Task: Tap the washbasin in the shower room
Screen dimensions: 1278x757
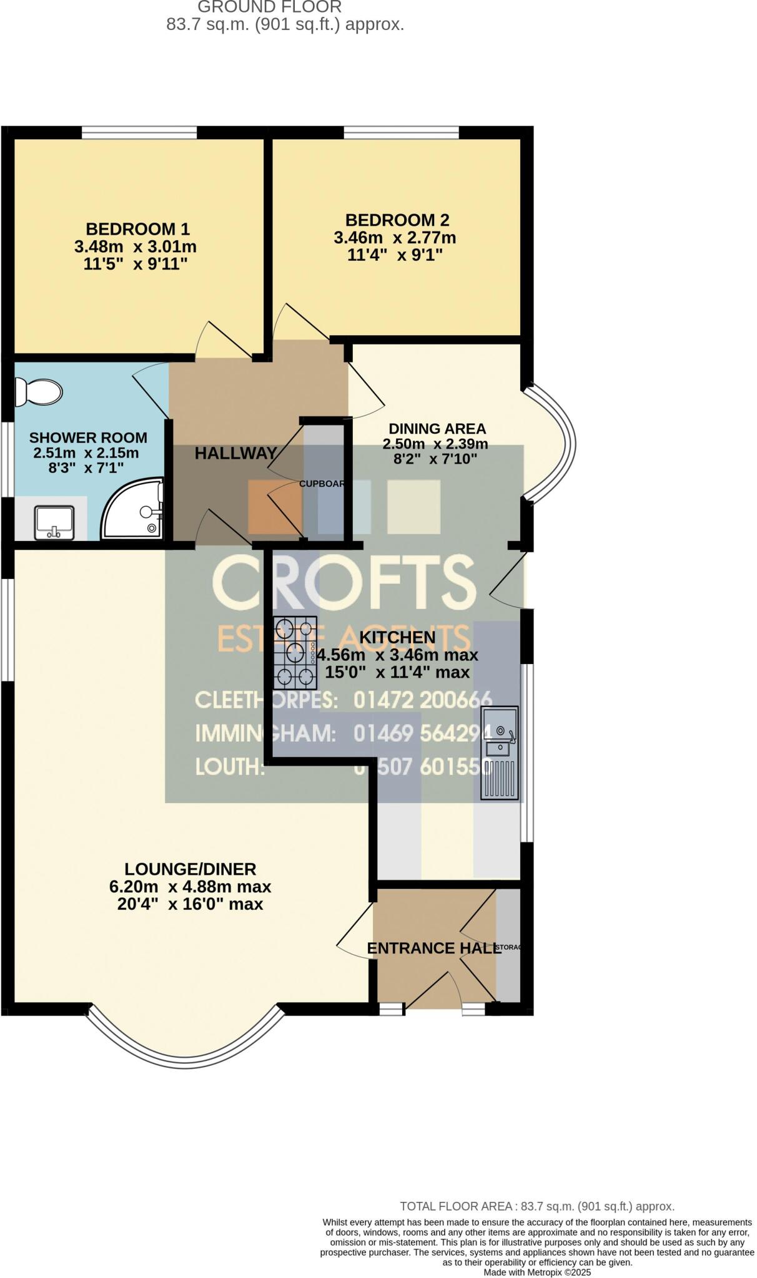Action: pos(55,522)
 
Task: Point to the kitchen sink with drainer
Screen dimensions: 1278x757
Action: pos(500,753)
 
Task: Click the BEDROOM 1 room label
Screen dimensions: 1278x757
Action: pos(137,229)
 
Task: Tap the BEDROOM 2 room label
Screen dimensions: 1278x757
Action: pos(397,220)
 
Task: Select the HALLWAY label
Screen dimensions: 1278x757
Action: pos(235,454)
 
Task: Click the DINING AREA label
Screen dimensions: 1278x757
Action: pos(437,429)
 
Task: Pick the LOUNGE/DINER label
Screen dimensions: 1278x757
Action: pos(190,869)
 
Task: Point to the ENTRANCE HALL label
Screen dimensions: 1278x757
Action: pos(434,949)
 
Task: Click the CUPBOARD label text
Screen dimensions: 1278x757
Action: pos(322,484)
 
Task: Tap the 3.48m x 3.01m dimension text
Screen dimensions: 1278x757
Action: pos(136,246)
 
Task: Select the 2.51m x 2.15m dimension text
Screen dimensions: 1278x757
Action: pos(86,453)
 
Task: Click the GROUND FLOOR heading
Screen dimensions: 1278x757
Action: pos(270,7)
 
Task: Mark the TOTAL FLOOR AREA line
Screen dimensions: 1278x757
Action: pos(537,1206)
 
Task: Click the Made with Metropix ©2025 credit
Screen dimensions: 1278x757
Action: pos(537,1272)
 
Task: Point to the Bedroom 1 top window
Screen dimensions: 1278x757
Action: pos(139,132)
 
